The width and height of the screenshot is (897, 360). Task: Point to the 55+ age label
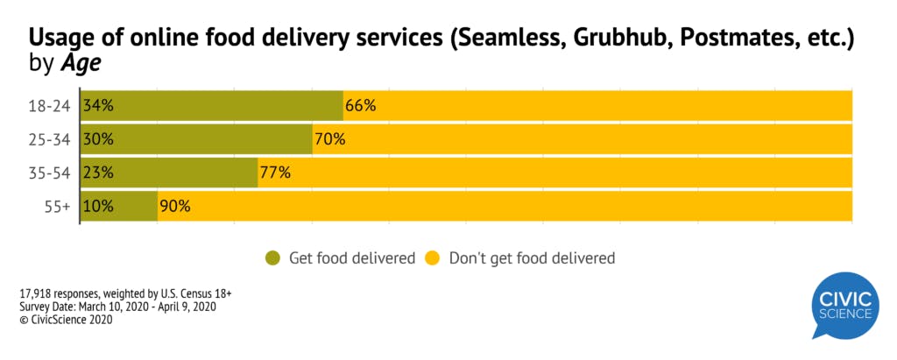pyautogui.click(x=58, y=207)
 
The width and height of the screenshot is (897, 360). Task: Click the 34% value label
pyautogui.click(x=98, y=106)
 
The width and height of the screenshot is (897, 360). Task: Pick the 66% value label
pyautogui.click(x=360, y=106)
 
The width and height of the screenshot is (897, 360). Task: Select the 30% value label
pyautogui.click(x=98, y=139)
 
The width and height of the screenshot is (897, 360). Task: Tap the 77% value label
pyautogui.click(x=274, y=173)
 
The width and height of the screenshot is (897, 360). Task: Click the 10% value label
pyautogui.click(x=98, y=207)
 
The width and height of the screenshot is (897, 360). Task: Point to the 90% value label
pyautogui.click(x=174, y=207)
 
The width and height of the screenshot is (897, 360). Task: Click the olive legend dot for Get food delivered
pyautogui.click(x=273, y=258)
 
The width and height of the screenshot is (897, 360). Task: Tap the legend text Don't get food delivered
pyautogui.click(x=532, y=258)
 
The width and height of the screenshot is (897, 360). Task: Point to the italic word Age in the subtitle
pyautogui.click(x=81, y=63)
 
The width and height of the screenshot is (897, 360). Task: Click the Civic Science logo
pyautogui.click(x=844, y=305)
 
